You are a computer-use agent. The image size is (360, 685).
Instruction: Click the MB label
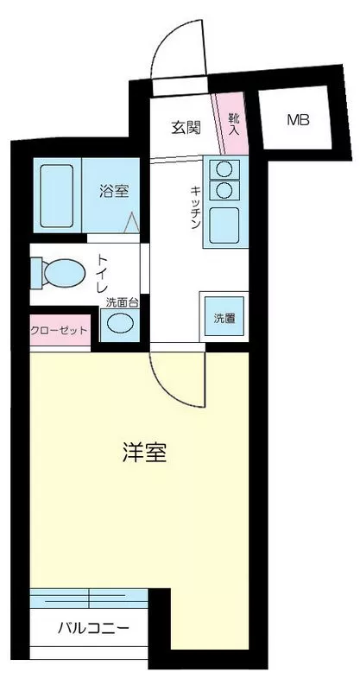click(x=299, y=120)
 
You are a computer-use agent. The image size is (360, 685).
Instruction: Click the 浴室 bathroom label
click(x=114, y=192)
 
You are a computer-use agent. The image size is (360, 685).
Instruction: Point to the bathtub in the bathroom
click(x=57, y=196)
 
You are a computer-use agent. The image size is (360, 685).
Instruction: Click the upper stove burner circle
click(x=224, y=168)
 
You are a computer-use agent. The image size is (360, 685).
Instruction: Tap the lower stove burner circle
click(x=224, y=189)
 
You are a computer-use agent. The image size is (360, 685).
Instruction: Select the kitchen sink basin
click(x=224, y=225)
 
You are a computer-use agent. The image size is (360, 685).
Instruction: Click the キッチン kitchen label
click(x=195, y=207)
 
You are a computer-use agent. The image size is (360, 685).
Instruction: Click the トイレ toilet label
click(x=102, y=274)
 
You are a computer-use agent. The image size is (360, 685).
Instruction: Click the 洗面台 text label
click(x=122, y=302)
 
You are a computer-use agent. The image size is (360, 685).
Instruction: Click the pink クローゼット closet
click(x=60, y=330)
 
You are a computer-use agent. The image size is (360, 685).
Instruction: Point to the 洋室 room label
click(x=144, y=453)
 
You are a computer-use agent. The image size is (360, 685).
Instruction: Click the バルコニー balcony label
click(x=94, y=629)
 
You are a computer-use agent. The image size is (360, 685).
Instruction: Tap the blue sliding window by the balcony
click(x=89, y=599)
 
